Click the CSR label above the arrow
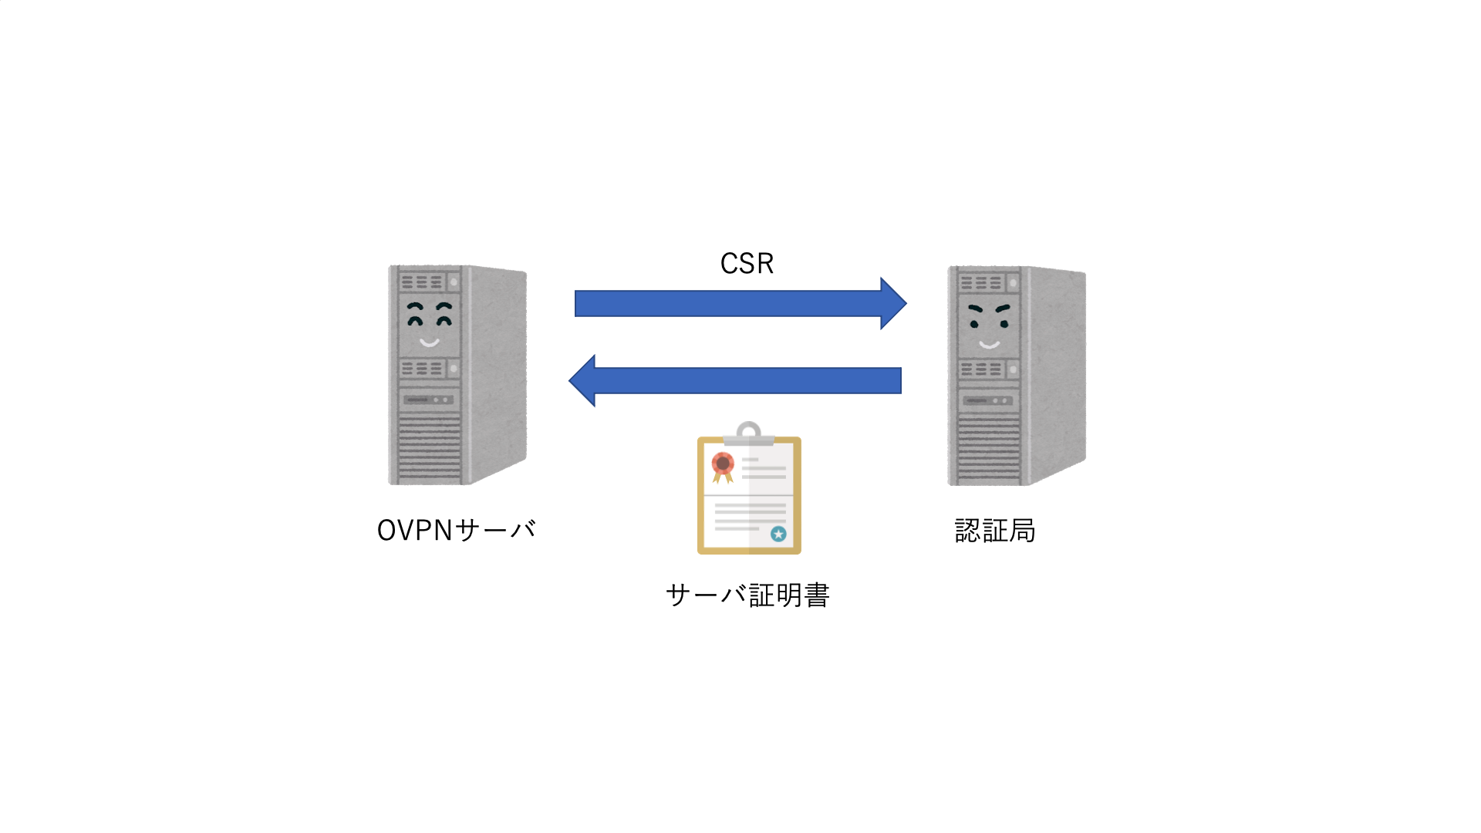pyautogui.click(x=747, y=264)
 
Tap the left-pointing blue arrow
pyautogui.click(x=740, y=380)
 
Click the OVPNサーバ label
pyautogui.click(x=456, y=531)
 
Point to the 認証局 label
pyautogui.click(x=995, y=531)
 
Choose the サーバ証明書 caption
pyautogui.click(x=747, y=595)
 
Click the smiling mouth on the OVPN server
pyautogui.click(x=429, y=342)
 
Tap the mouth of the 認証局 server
pyautogui.click(x=989, y=344)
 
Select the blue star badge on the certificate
pyautogui.click(x=778, y=534)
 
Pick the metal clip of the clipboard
pyautogui.click(x=748, y=433)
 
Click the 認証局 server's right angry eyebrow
pyautogui.click(x=1003, y=309)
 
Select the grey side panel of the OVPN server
pyautogui.click(x=498, y=370)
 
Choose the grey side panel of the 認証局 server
pyautogui.click(x=1057, y=370)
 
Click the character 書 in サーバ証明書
pyautogui.click(x=816, y=595)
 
